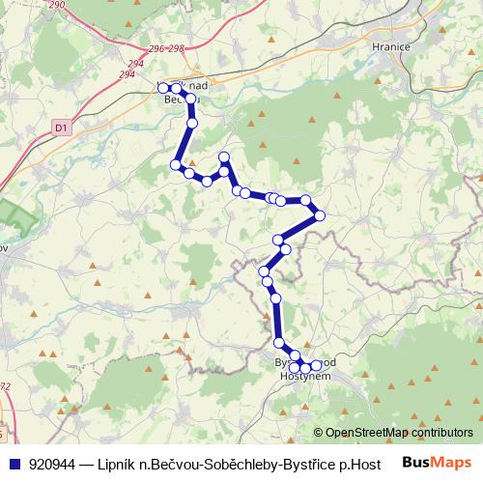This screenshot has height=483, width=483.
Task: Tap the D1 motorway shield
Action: (61, 126)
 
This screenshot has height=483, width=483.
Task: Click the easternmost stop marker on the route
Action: (320, 214)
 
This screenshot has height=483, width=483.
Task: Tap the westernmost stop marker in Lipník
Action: (163, 88)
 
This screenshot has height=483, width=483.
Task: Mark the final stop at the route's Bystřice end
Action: (316, 365)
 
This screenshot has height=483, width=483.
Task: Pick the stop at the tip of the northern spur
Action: (224, 157)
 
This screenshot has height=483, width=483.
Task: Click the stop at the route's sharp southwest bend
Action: (177, 165)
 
